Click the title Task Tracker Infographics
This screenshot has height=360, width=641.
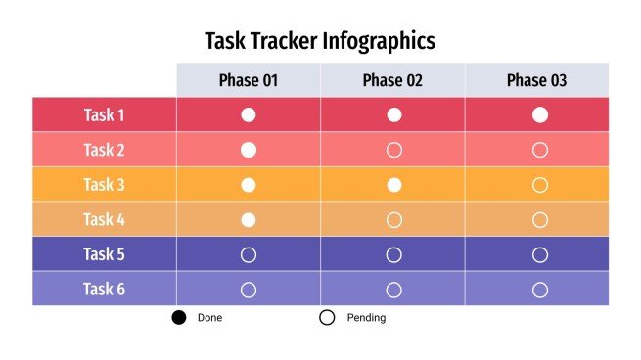320,41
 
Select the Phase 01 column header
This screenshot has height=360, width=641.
249,80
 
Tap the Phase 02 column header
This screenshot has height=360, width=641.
392,80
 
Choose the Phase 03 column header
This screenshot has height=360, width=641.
536,80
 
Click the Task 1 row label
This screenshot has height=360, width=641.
104,114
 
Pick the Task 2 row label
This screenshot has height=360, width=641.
104,150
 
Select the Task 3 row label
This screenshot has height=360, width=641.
104,184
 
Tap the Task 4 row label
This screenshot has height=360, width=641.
104,219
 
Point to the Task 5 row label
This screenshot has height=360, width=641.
104,254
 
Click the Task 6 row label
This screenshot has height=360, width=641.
104,289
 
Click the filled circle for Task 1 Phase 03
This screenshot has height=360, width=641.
539,114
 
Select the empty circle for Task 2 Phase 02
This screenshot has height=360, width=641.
394,150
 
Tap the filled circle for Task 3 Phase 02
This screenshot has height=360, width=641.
394,184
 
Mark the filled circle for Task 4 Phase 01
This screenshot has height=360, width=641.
249,219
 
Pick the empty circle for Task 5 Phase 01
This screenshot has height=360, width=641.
249,254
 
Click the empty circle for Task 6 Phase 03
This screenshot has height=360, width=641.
539,290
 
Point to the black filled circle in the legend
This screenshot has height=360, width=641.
179,318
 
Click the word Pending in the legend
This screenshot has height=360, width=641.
366,318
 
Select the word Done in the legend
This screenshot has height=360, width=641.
209,318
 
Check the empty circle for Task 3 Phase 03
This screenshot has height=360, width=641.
539,184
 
